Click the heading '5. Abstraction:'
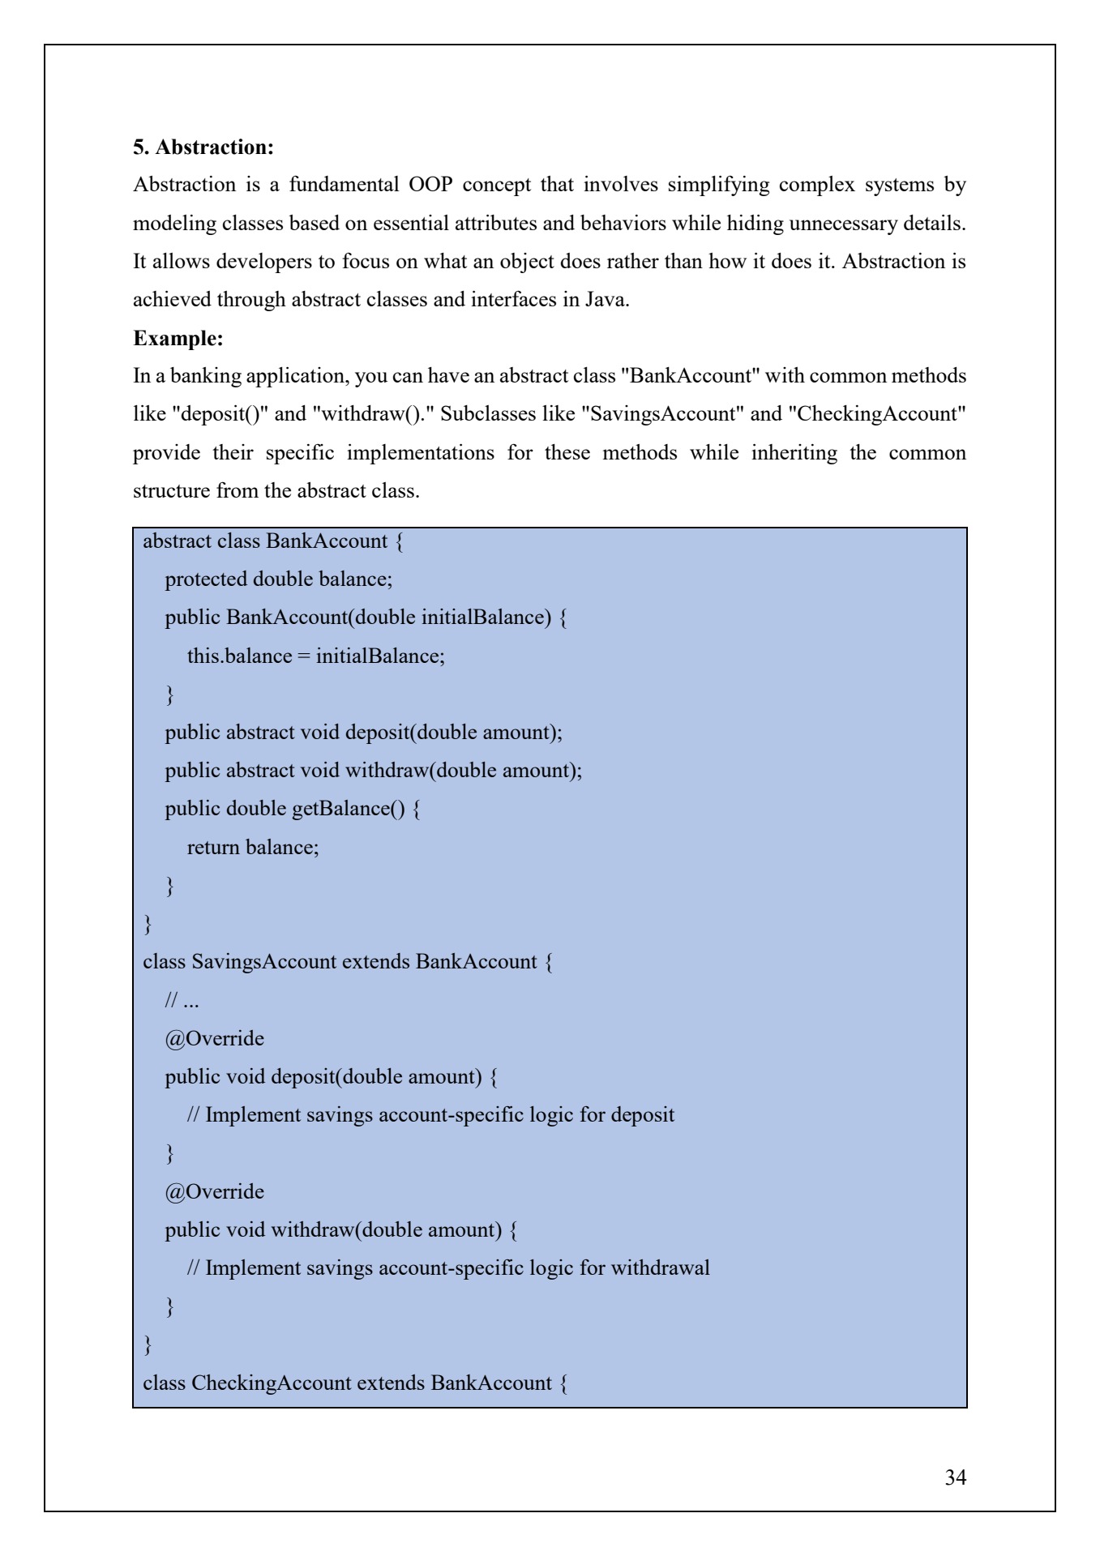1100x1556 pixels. click(203, 147)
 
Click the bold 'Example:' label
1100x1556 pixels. click(178, 338)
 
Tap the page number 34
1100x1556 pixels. click(955, 1477)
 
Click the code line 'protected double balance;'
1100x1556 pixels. click(278, 579)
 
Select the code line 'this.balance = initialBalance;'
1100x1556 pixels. click(315, 656)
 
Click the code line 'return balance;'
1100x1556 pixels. click(253, 847)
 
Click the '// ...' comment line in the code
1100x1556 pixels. click(182, 1001)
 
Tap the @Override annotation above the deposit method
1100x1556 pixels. click(214, 1039)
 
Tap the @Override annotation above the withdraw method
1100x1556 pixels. click(214, 1192)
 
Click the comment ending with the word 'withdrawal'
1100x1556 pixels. click(448, 1268)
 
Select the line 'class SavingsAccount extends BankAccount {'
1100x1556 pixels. click(348, 962)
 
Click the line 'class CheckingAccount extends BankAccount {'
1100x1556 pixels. click(355, 1383)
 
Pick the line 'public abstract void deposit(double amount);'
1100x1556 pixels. click(363, 733)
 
